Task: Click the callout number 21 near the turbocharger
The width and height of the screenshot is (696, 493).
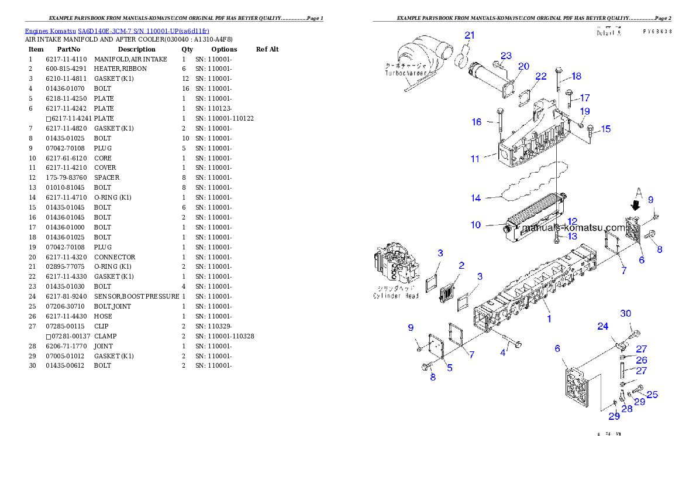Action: [x=469, y=35]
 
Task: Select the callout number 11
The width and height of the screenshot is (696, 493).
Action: [x=475, y=159]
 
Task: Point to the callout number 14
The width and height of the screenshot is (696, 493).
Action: [x=476, y=198]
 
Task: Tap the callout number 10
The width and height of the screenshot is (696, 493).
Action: [x=476, y=225]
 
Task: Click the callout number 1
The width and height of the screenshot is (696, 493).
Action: [x=549, y=319]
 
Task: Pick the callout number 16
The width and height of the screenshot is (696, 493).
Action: [x=477, y=122]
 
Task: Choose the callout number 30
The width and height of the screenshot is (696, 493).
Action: [x=626, y=314]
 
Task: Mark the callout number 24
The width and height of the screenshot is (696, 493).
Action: [x=602, y=326]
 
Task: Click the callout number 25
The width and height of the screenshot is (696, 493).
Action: [x=652, y=395]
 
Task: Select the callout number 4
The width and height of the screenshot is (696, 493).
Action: [x=502, y=352]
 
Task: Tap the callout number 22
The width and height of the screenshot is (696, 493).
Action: [x=541, y=76]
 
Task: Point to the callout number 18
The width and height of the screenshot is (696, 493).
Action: [x=577, y=76]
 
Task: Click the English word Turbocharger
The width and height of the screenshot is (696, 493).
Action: [x=405, y=74]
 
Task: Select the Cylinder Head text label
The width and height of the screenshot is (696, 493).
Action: [x=396, y=296]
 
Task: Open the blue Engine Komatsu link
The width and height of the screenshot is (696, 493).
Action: [x=117, y=31]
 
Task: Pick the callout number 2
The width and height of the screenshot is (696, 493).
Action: [x=461, y=266]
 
